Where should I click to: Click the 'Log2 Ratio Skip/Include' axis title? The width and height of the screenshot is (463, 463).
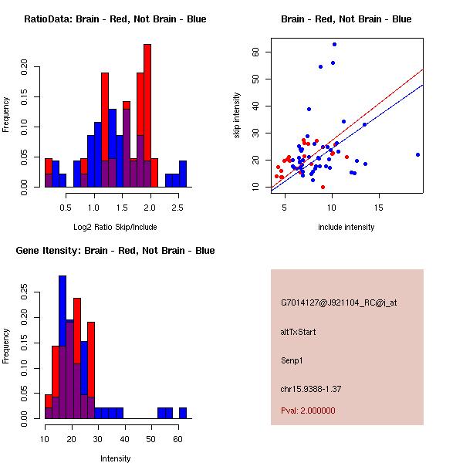(x=115, y=226)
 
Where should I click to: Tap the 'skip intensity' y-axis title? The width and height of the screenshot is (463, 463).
(x=238, y=116)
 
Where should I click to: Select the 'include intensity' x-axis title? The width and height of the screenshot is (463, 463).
(x=346, y=227)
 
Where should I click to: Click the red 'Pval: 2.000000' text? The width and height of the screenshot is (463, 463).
(x=308, y=411)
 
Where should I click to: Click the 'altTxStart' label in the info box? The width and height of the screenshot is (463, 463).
(x=298, y=332)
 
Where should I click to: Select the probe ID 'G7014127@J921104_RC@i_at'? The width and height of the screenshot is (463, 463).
(x=339, y=303)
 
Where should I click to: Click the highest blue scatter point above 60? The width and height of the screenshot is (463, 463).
(x=334, y=44)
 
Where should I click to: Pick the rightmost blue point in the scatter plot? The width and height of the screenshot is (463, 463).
(x=417, y=154)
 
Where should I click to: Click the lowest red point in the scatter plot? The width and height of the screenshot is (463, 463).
(x=323, y=187)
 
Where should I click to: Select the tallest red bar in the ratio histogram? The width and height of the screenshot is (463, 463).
(x=147, y=116)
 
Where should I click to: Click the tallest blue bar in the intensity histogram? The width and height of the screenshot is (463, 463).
(x=63, y=347)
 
